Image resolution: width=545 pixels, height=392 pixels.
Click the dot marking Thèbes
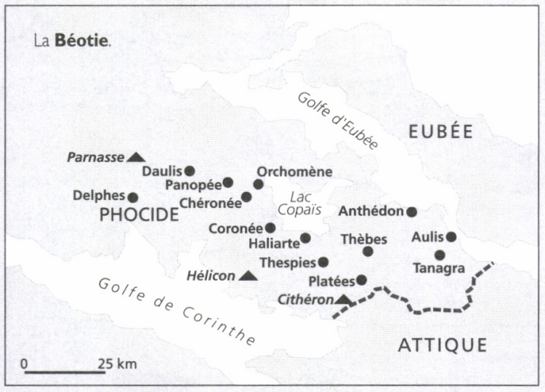tap(368, 252)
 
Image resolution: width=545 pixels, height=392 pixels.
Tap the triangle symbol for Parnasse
tap(135, 156)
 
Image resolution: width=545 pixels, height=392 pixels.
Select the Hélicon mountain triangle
tap(248, 276)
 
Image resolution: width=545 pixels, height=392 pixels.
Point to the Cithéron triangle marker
tap(344, 299)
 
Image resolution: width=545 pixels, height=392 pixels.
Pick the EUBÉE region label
tap(440, 132)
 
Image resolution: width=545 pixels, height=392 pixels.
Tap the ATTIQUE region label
tap(442, 345)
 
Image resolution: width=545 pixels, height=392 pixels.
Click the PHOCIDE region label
tap(138, 215)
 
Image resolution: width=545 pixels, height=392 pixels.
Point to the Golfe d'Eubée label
tap(338, 121)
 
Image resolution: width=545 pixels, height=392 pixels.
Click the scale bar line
tap(65, 373)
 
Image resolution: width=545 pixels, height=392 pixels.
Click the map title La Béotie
tap(73, 41)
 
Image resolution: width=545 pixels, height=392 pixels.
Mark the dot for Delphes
tap(133, 197)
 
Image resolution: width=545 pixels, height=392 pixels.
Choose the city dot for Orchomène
tap(258, 184)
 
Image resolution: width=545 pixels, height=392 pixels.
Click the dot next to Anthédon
tap(411, 212)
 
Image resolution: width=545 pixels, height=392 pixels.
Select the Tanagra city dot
tap(440, 255)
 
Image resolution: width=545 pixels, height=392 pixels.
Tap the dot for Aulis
tap(451, 236)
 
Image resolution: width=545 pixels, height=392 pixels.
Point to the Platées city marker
tap(361, 280)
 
